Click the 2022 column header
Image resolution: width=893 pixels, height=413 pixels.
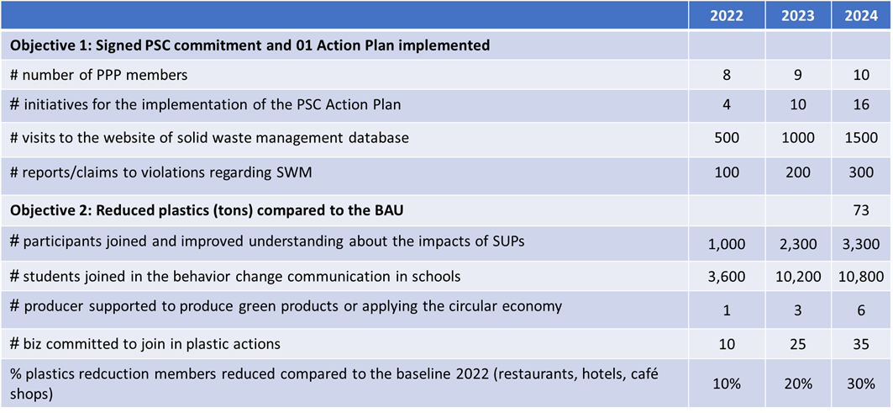click(x=726, y=16)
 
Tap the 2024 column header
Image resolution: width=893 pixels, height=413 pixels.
click(x=861, y=16)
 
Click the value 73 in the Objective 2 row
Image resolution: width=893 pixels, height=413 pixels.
click(x=861, y=210)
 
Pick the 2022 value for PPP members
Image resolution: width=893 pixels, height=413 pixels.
click(x=727, y=75)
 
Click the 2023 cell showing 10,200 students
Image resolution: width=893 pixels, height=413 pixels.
click(x=798, y=277)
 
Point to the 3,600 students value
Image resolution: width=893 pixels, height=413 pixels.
click(x=727, y=277)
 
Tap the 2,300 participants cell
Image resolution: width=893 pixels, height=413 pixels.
click(x=798, y=245)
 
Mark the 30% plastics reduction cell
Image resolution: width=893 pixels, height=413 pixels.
click(x=861, y=384)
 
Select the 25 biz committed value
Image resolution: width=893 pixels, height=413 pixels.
click(x=798, y=344)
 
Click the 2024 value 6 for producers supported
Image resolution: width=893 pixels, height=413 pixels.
click(x=861, y=312)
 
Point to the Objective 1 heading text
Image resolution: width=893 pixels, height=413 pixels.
click(x=250, y=45)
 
